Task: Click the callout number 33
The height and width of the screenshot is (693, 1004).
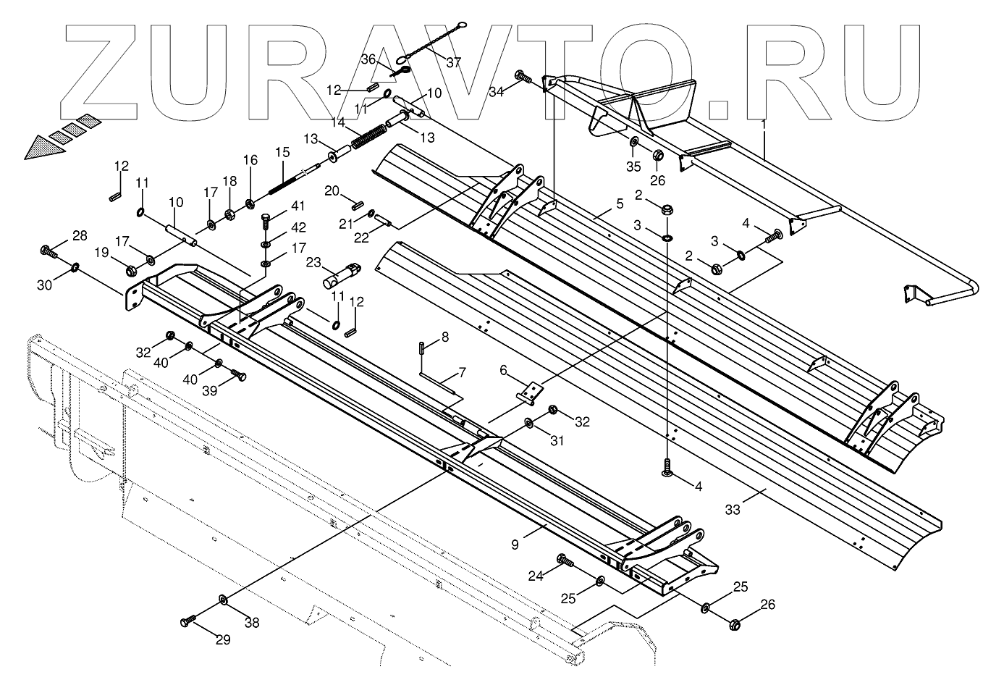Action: click(x=733, y=510)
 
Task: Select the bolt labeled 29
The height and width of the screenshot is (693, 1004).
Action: click(x=187, y=621)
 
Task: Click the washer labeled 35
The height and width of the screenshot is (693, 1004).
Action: click(x=634, y=140)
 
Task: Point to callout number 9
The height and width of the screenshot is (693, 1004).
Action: click(x=515, y=545)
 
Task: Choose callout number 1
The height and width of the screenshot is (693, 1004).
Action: click(x=762, y=125)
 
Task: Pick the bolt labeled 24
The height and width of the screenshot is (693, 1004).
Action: click(x=563, y=560)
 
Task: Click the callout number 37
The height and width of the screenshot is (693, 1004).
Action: click(x=453, y=62)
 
